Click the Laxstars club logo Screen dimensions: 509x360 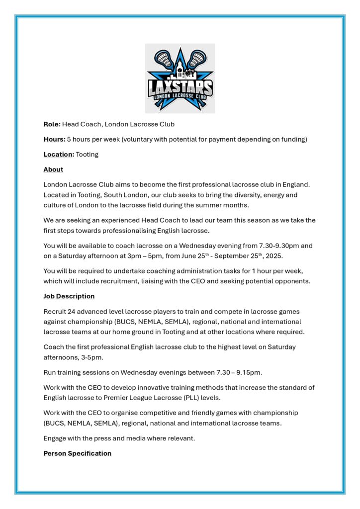pyautogui.click(x=180, y=78)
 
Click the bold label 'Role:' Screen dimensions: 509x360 pyautogui.click(x=52, y=124)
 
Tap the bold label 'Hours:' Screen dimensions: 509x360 pyautogui.click(x=54, y=139)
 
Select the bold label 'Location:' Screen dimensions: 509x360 pyautogui.click(x=59, y=154)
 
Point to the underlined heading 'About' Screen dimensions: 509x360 pyautogui.click(x=53, y=170)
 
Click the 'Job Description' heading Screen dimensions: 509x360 pyautogui.click(x=69, y=296)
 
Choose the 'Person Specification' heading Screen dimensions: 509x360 pyautogui.click(x=77, y=453)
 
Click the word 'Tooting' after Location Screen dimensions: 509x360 pyautogui.click(x=87, y=154)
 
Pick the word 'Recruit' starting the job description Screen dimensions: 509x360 pyautogui.click(x=55, y=311)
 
